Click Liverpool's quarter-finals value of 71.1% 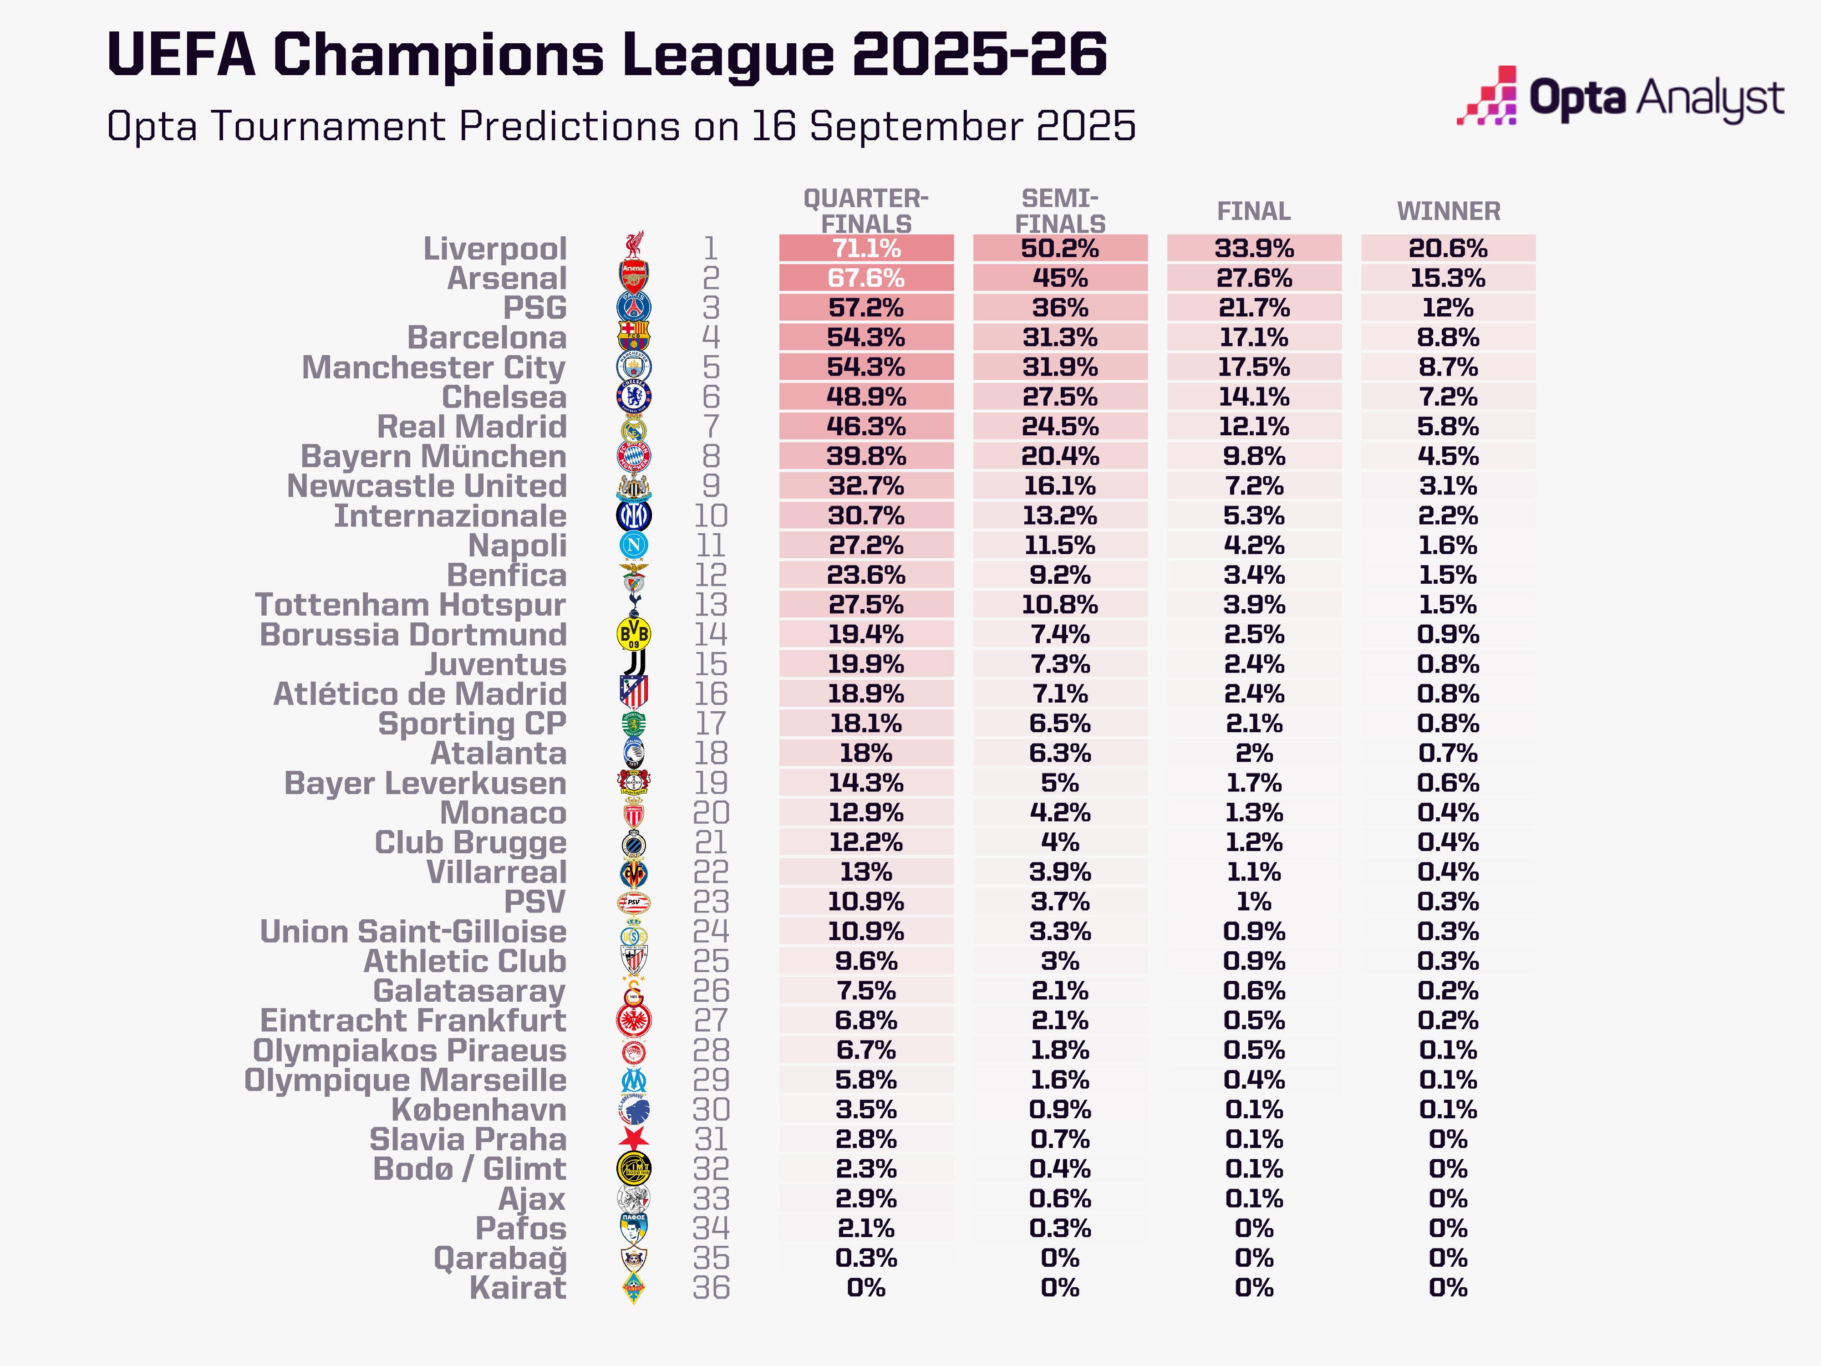click(x=866, y=248)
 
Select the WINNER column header click(x=1448, y=212)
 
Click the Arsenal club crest click(x=634, y=277)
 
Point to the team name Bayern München click(x=434, y=456)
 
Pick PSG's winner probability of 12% click(x=1448, y=308)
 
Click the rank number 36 click(x=711, y=1288)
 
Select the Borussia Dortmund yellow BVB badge click(x=634, y=634)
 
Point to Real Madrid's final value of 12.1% click(x=1254, y=427)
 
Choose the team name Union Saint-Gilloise click(x=413, y=931)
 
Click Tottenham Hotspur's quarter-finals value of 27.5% click(x=866, y=604)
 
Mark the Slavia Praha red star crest click(x=634, y=1139)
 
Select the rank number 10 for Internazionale click(x=711, y=515)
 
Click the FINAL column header click(x=1254, y=212)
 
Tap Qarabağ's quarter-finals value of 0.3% click(x=866, y=1258)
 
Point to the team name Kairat click(x=518, y=1288)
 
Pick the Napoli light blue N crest click(x=634, y=545)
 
